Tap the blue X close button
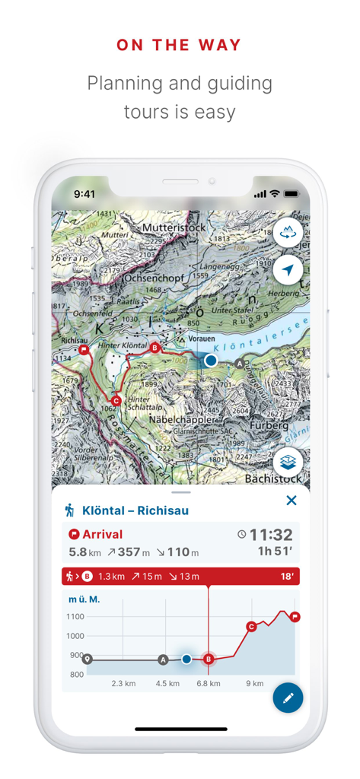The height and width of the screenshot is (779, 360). point(291,500)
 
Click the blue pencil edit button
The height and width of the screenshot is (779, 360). point(288,698)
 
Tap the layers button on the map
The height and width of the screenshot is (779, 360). point(288,462)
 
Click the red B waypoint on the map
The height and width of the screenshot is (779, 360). point(155,348)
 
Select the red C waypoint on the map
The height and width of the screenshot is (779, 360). point(116,400)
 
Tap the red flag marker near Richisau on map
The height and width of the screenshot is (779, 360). point(84,350)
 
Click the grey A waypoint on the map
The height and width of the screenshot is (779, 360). point(241,364)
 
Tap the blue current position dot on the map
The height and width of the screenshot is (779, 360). point(211,360)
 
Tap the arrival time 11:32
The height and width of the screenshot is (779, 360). point(271,534)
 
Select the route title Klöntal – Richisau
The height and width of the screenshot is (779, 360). point(135,510)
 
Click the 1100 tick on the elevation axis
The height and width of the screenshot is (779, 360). point(76,617)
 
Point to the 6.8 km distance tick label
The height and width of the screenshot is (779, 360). point(209,683)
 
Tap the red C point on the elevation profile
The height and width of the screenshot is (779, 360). point(251,627)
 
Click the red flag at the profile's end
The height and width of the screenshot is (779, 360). point(295,616)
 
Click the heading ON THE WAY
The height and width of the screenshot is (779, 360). point(180,46)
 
